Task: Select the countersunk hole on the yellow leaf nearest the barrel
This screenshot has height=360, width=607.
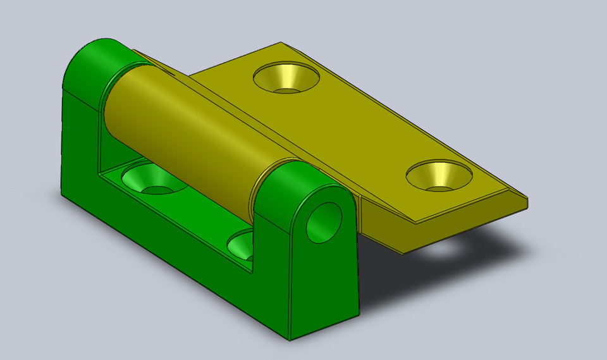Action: pos(286,77)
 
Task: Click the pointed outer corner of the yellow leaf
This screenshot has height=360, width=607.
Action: pos(527,201)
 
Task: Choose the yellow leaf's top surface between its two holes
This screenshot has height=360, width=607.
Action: pos(360,127)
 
